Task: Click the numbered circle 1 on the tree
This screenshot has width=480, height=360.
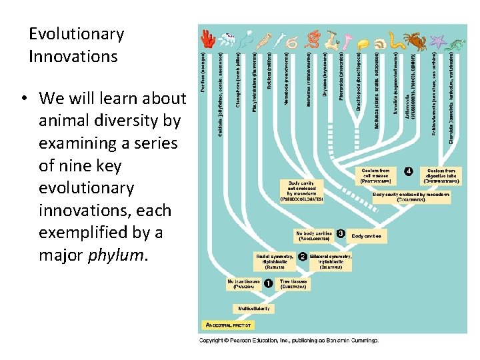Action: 267,283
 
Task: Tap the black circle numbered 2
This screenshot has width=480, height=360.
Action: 302,257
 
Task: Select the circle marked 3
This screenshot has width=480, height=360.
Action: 341,234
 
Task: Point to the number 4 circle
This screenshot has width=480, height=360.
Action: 409,171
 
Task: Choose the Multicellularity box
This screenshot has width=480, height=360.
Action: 253,309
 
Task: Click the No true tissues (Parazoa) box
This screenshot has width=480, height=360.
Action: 243,284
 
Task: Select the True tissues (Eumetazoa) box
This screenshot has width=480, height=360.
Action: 293,284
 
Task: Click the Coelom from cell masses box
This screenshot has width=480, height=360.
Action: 376,175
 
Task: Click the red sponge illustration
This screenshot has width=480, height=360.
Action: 207,39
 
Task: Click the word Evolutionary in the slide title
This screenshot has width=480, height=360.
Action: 76,34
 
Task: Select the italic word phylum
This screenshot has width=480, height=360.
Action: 113,255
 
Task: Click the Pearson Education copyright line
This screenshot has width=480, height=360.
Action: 289,340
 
